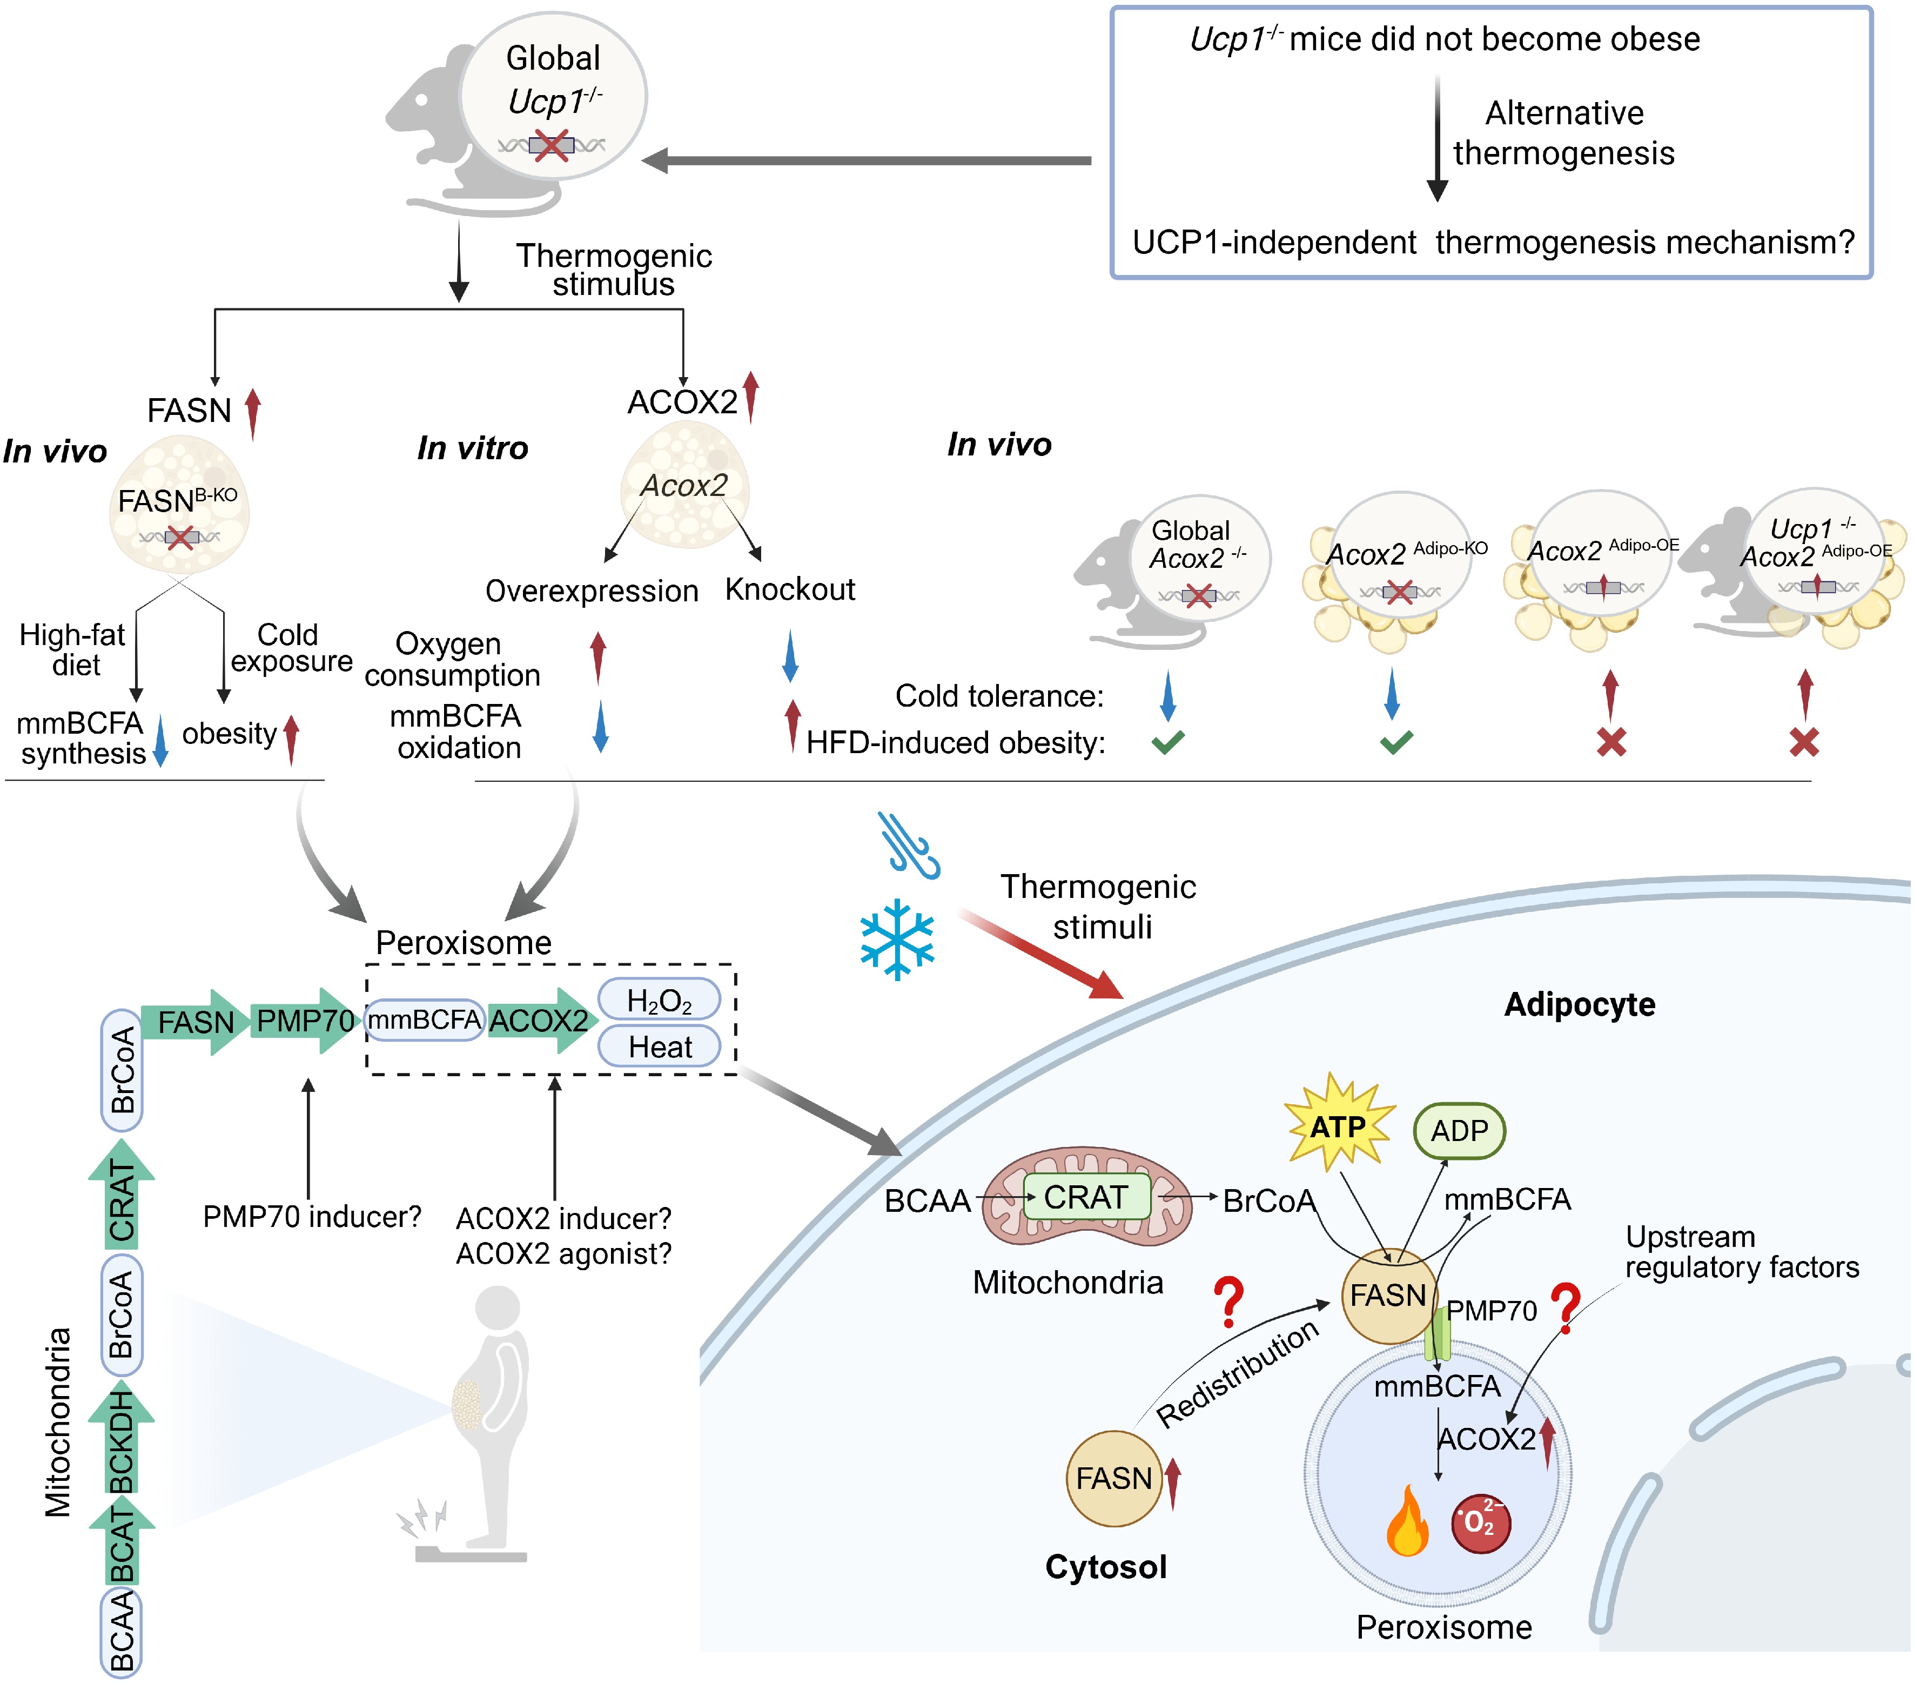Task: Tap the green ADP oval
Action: [1458, 1130]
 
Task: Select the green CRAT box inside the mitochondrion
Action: [1086, 1197]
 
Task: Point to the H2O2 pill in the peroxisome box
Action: [659, 1000]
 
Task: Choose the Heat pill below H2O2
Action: [659, 1046]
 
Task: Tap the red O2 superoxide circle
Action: [1480, 1522]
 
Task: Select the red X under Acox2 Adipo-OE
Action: [1610, 743]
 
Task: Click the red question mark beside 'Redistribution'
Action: [1227, 1302]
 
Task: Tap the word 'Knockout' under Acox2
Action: [789, 589]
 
